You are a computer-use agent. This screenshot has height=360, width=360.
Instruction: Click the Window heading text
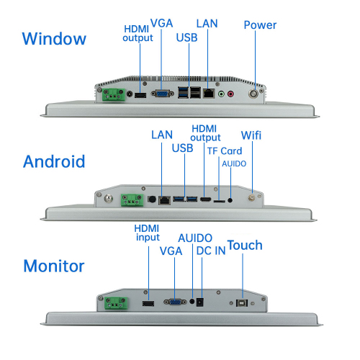point(54,38)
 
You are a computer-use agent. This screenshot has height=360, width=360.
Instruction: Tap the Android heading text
point(54,161)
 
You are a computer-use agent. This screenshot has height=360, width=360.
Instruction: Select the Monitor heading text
point(54,266)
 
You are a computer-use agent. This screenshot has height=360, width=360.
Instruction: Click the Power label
point(260,25)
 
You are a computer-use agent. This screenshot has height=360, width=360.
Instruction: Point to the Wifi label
point(251,135)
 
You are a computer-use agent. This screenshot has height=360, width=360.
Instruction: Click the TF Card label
point(225,151)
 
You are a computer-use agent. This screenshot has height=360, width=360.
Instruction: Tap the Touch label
point(245,245)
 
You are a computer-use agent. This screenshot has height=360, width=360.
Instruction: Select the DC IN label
point(211,251)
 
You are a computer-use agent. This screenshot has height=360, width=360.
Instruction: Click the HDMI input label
point(147,233)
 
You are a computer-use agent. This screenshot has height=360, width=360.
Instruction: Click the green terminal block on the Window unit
point(114,94)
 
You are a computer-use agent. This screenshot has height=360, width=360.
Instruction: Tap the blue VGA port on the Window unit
point(162,94)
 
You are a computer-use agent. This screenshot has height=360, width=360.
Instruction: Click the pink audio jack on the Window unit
point(230,94)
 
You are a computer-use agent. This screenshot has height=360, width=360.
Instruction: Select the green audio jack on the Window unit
point(221,94)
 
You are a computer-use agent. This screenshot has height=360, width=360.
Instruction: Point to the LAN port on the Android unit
point(164,200)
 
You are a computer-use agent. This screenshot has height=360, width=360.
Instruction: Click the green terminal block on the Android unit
point(132,200)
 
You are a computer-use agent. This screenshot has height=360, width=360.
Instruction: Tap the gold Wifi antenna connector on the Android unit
point(251,197)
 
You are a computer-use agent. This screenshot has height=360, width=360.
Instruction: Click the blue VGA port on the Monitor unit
point(175,302)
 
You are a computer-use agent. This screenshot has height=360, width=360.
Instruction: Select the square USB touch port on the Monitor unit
point(242,303)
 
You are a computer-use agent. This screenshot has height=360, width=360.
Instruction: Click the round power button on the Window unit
point(253,94)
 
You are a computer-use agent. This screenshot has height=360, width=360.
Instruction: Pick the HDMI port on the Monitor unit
point(148,303)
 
